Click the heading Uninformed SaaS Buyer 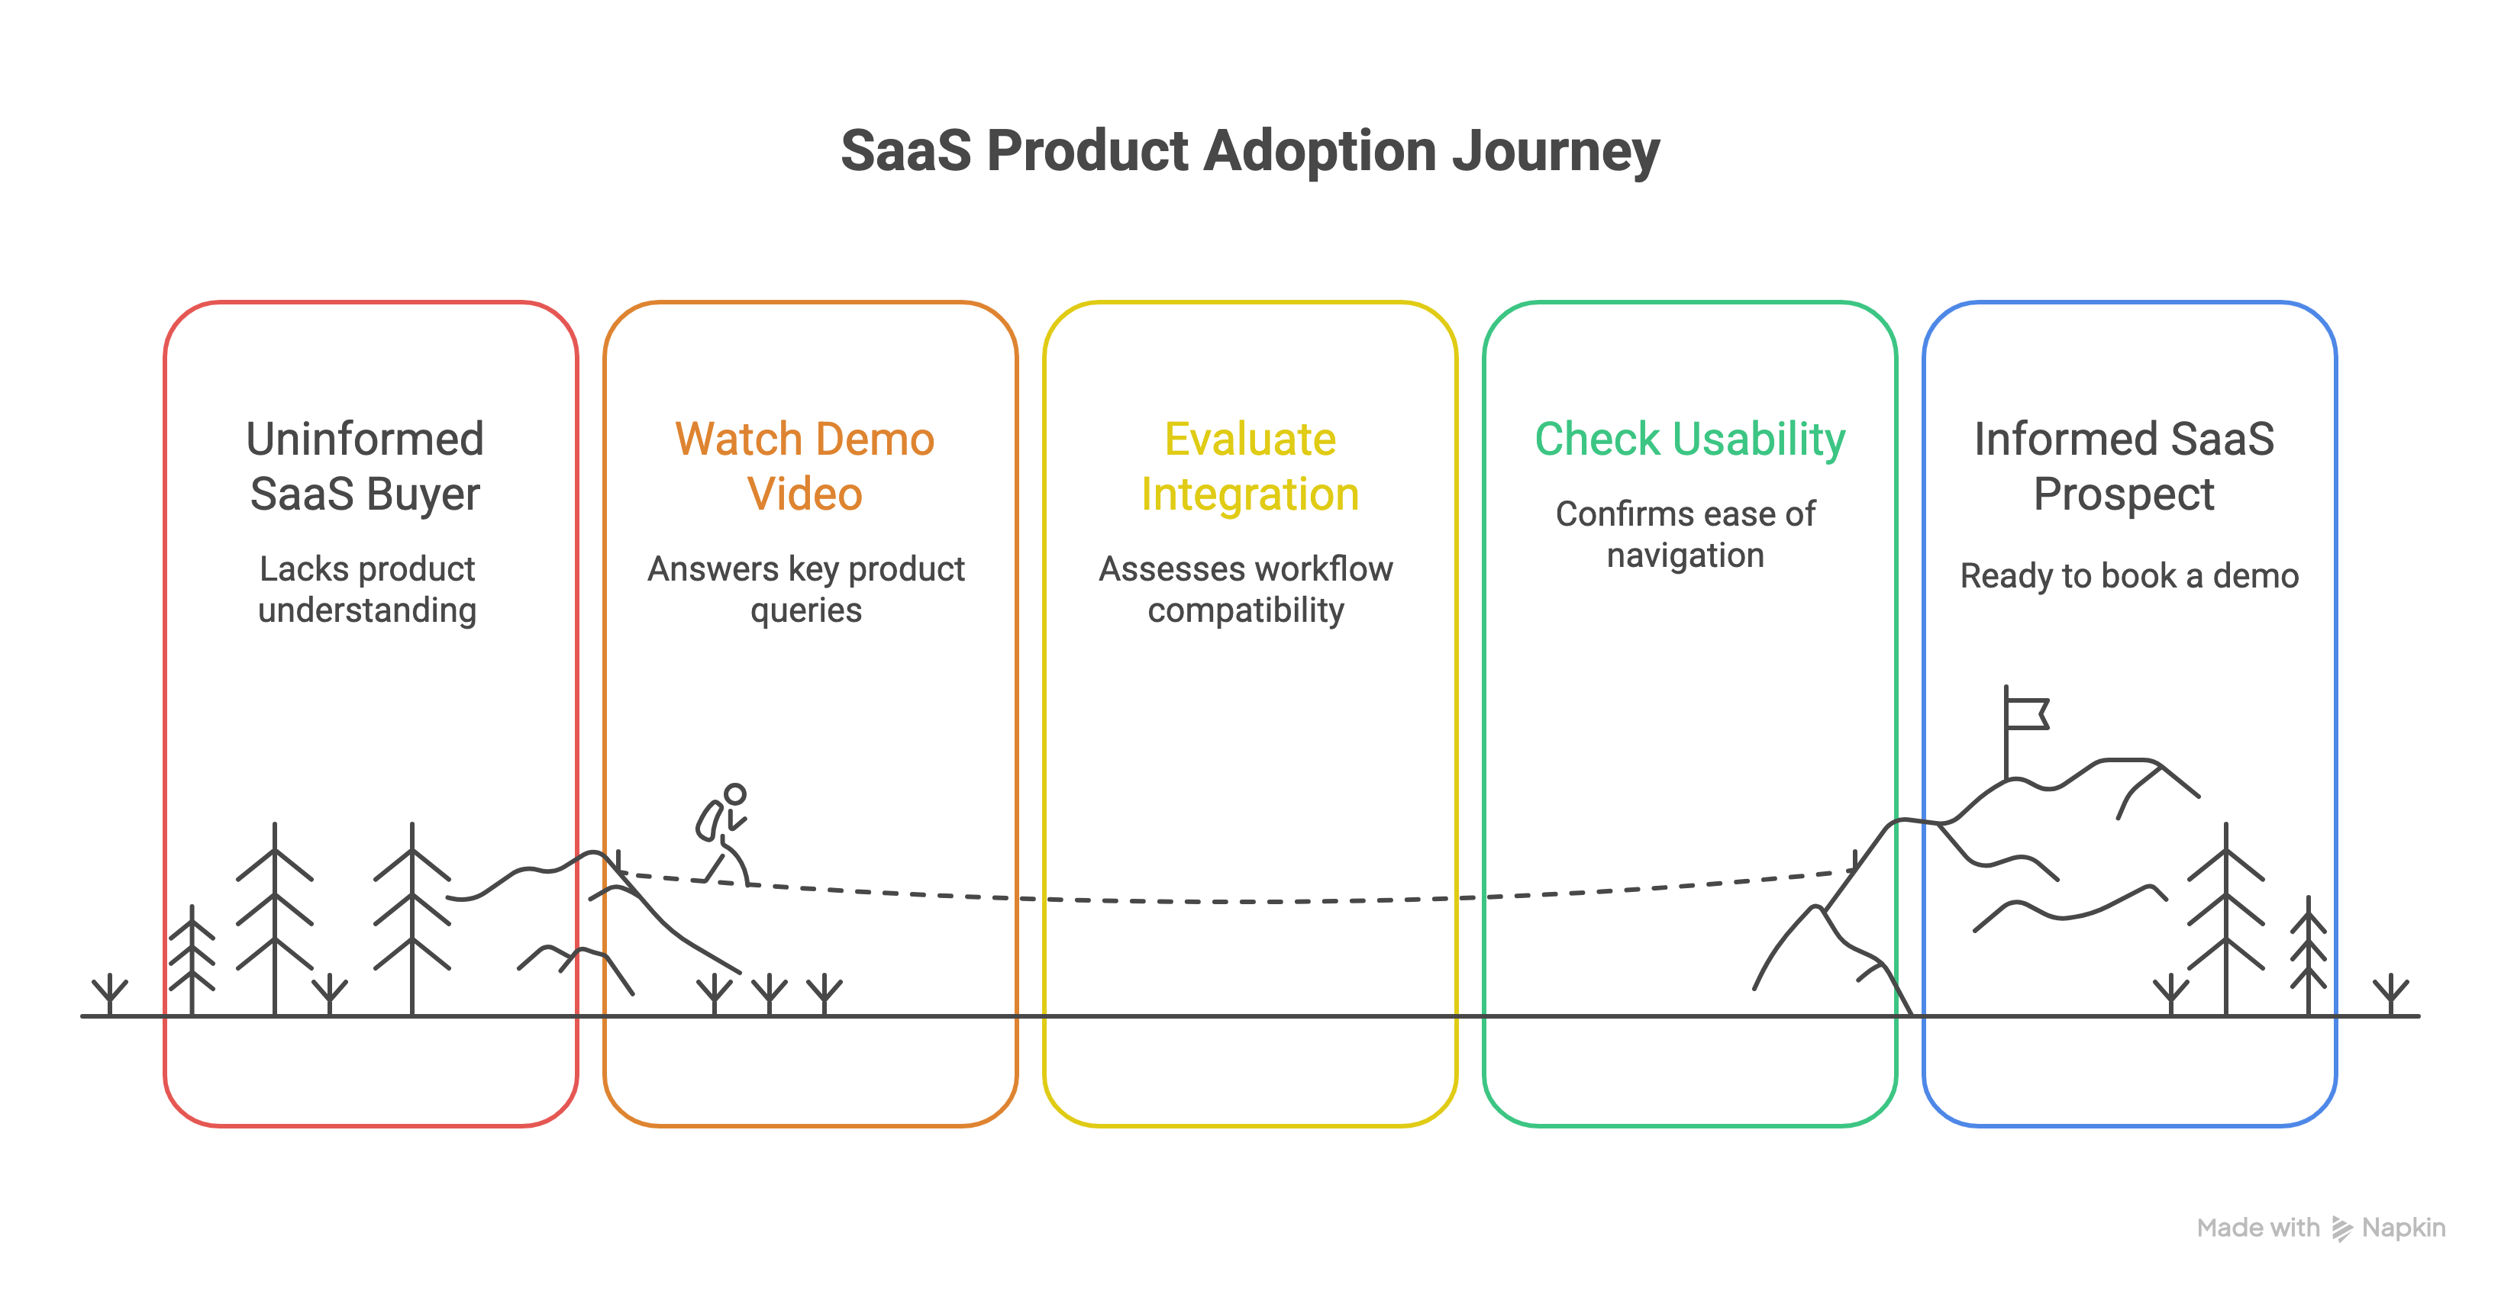tap(365, 466)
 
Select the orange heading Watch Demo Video tap(805, 466)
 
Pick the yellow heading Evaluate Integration tap(1250, 466)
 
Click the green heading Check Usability tap(1689, 439)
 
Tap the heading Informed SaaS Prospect tap(2125, 466)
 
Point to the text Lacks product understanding tap(367, 589)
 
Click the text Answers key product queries tap(806, 589)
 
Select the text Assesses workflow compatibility tap(1246, 589)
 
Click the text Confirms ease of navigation tap(1686, 534)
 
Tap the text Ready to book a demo tap(2129, 575)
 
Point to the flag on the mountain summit tap(2026, 713)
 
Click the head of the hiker tap(736, 794)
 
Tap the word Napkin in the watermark tap(2403, 1228)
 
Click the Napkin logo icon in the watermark tap(2341, 1229)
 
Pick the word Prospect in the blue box tap(2125, 495)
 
